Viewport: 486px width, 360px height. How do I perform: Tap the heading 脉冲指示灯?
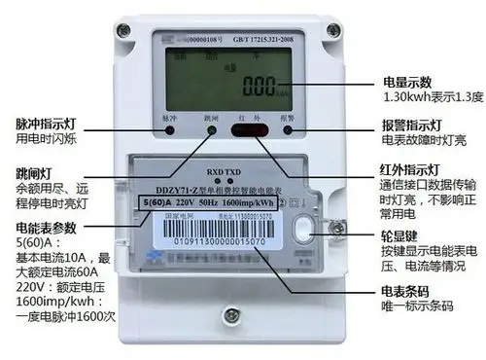(x=43, y=128)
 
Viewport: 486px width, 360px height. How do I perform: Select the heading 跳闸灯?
(x=33, y=171)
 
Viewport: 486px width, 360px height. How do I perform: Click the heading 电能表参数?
(x=43, y=228)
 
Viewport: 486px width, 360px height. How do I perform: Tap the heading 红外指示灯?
(x=412, y=171)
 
